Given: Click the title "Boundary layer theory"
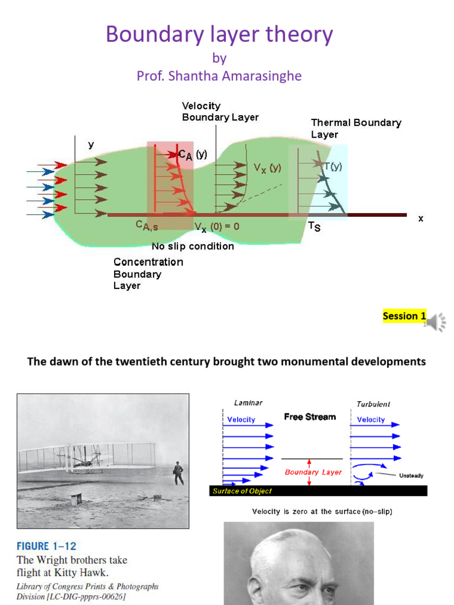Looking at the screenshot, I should point(219,35).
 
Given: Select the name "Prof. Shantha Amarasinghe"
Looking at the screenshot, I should point(219,76).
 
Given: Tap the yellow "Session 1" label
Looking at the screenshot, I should point(404,315).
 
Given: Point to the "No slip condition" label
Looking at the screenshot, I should point(193,246).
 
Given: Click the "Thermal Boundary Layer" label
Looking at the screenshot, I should point(356,128).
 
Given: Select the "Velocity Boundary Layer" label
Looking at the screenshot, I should point(220,111).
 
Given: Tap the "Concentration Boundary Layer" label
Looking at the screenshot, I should point(148,274).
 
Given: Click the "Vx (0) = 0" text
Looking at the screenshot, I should point(217,226).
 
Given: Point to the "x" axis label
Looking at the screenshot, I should point(421,218).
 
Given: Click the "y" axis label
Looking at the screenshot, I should point(91,144).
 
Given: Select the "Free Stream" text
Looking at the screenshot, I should point(310,417).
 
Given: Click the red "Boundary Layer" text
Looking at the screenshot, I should point(313,472).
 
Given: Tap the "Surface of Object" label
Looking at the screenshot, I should point(242,491).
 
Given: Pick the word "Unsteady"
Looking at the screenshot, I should point(411,476).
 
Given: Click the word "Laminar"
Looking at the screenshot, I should point(248,403).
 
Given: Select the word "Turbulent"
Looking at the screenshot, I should point(373,404).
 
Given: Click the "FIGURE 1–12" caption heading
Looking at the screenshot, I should point(47,546).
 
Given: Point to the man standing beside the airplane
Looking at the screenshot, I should point(178,473).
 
